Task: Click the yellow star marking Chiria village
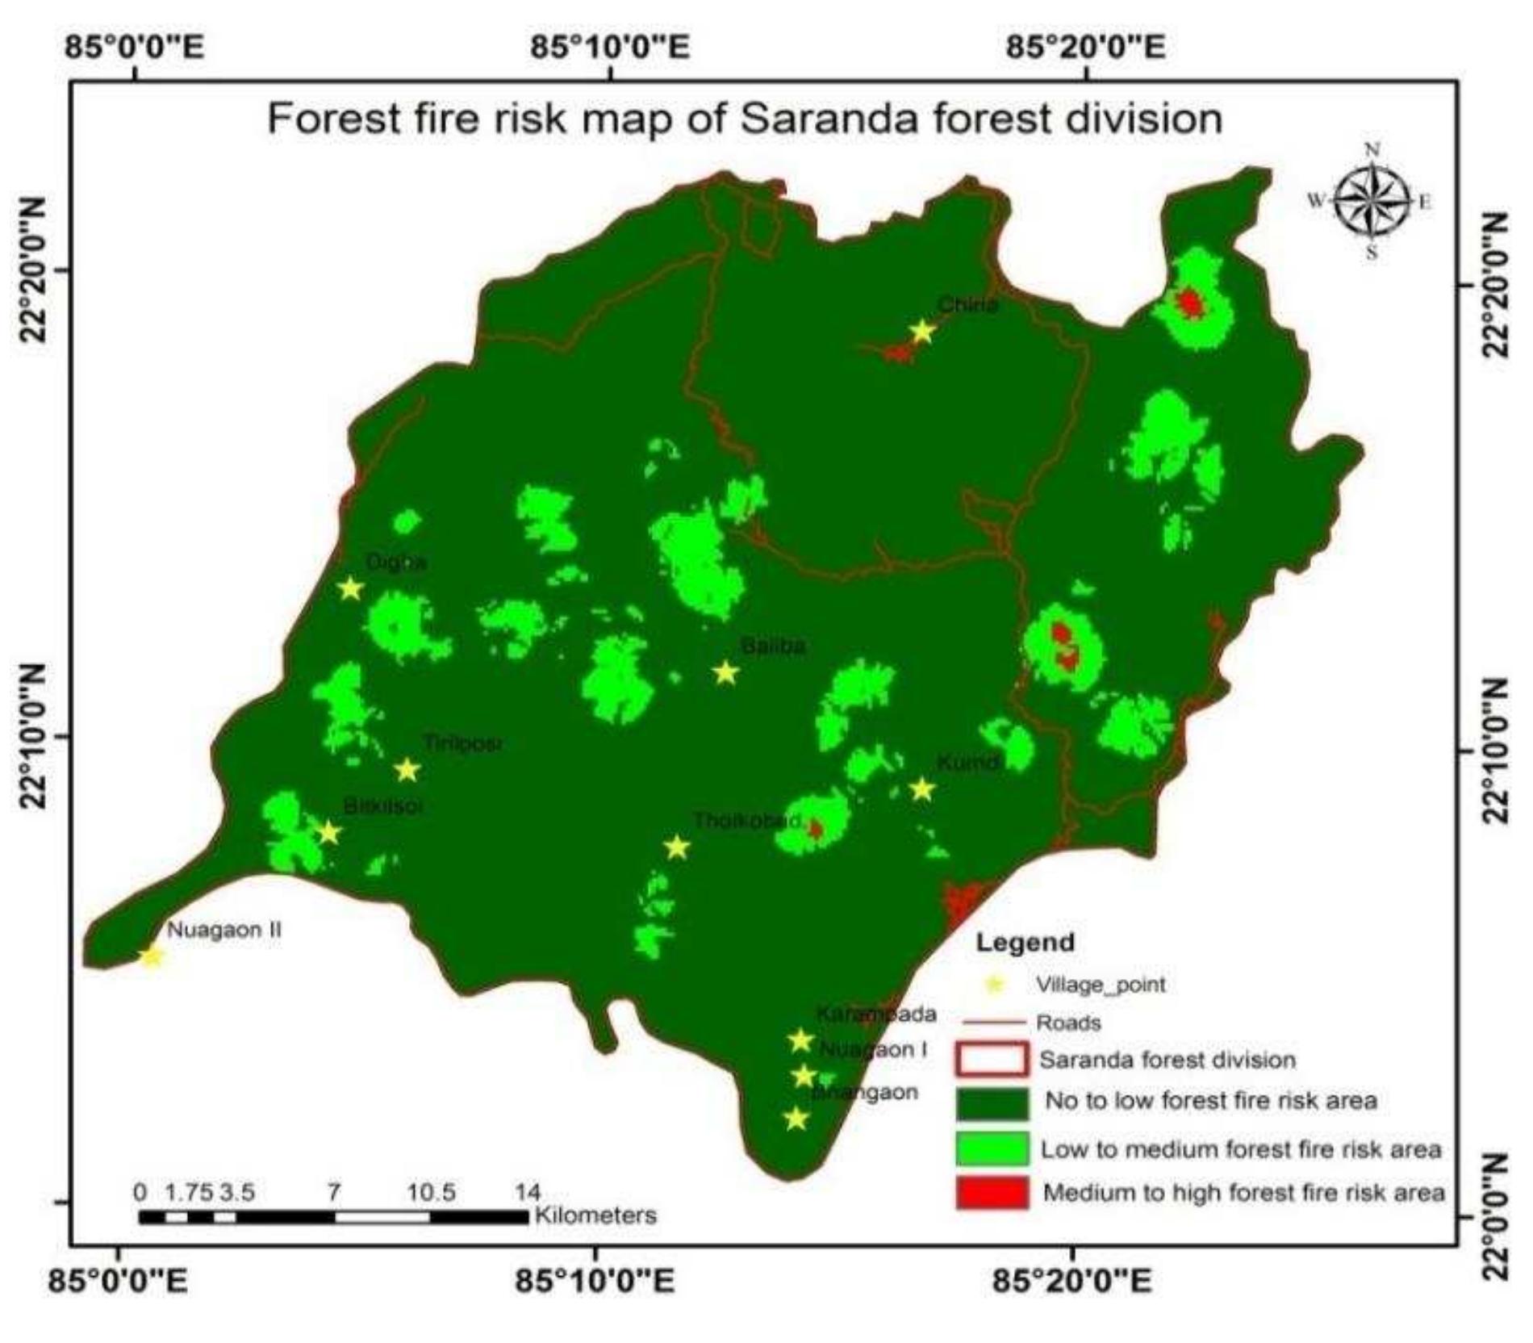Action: click(922, 332)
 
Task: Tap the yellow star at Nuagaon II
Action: click(152, 957)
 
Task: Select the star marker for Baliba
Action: click(726, 671)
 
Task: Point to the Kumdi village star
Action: click(922, 789)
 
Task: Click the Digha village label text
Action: click(395, 563)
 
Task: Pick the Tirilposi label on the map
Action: click(463, 743)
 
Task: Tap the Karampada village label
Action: click(875, 1014)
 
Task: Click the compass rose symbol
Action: click(1371, 200)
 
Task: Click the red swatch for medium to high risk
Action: click(992, 1192)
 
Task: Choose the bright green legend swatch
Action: click(992, 1148)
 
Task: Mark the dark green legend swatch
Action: click(992, 1103)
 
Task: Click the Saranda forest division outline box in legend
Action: click(992, 1060)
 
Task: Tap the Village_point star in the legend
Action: click(995, 985)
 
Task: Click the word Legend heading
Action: click(1025, 942)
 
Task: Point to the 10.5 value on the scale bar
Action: click(431, 1192)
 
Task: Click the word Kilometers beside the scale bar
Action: click(595, 1215)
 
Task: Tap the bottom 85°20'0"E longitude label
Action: click(1072, 1281)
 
